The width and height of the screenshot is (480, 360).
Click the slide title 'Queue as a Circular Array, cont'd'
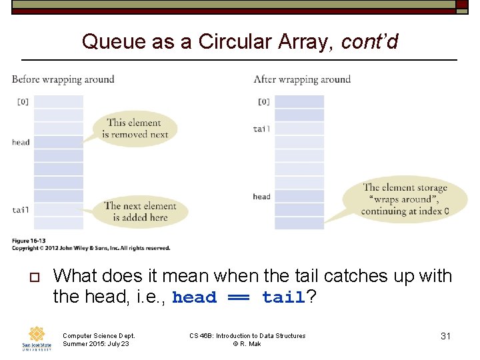click(x=240, y=42)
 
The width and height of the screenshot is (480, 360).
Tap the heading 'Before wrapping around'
click(x=63, y=79)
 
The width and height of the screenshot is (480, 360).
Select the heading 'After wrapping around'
click(x=302, y=79)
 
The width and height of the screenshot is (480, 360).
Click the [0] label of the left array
click(x=23, y=102)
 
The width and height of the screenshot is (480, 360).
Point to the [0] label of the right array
click(x=263, y=102)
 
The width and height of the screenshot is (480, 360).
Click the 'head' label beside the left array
click(x=21, y=142)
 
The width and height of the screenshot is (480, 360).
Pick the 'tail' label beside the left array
click(x=21, y=210)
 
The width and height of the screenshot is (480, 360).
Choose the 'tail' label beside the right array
click(x=261, y=129)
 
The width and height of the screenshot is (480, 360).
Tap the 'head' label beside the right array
click(x=261, y=197)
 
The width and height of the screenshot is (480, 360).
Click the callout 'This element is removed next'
click(x=134, y=128)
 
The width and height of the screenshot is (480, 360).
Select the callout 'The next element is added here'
click(x=140, y=211)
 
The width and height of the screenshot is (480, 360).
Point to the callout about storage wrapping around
click(x=405, y=199)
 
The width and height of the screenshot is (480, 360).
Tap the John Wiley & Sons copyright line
click(x=91, y=248)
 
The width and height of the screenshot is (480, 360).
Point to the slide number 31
click(x=445, y=336)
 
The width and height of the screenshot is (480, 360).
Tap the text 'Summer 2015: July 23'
click(x=95, y=344)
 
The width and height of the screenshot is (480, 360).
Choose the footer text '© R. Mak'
click(x=247, y=344)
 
